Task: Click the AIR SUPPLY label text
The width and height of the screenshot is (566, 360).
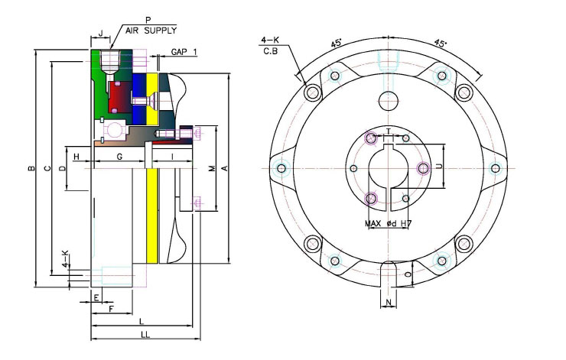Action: (x=151, y=31)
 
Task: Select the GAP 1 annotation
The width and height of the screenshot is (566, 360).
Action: (x=184, y=52)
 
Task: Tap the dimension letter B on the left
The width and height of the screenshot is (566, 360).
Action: (x=32, y=168)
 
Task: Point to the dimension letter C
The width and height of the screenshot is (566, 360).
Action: (x=47, y=168)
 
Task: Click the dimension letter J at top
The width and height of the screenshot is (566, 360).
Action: (x=101, y=34)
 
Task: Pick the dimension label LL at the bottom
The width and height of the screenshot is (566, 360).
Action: (x=145, y=335)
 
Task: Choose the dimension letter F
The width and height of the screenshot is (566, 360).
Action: (x=111, y=309)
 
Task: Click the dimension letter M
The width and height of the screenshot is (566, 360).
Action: (x=212, y=168)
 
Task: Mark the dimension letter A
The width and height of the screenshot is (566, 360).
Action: (x=224, y=168)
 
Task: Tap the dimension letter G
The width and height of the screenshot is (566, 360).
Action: (x=119, y=157)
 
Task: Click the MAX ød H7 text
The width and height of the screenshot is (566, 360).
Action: (x=388, y=224)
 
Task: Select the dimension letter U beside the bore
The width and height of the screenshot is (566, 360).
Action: (x=439, y=167)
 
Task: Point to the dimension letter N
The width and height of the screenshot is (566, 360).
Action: (x=389, y=302)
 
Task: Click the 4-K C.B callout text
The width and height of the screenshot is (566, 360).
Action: (x=270, y=45)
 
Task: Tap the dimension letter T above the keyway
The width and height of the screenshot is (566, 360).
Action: (x=389, y=131)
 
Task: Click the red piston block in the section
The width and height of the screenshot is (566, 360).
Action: (x=120, y=97)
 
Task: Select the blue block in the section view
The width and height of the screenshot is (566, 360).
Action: (x=139, y=99)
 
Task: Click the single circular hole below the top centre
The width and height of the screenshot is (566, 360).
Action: (x=389, y=101)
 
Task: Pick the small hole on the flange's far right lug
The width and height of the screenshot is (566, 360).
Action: (x=496, y=168)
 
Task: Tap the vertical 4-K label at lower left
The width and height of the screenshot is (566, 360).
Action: (x=65, y=258)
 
